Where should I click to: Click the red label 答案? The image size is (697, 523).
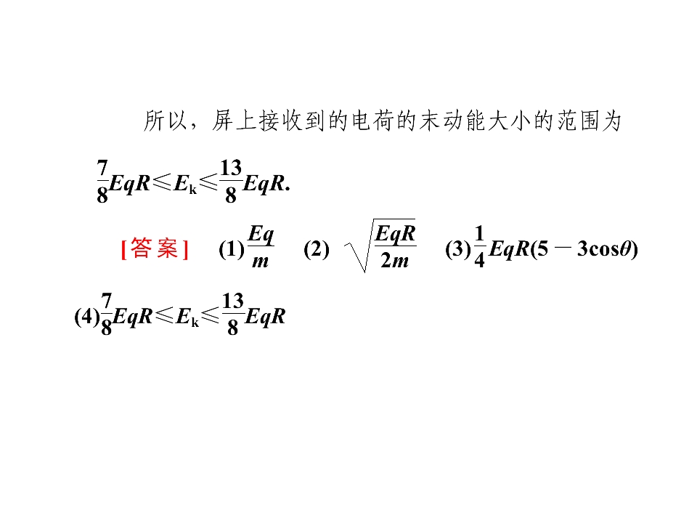[155, 248]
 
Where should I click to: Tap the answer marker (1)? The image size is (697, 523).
[231, 249]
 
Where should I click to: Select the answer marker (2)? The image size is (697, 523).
[317, 249]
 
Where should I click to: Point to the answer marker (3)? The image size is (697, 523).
[458, 249]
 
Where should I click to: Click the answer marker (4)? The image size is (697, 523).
[87, 316]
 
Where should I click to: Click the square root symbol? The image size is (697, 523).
[380, 246]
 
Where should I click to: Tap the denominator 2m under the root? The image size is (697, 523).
[394, 261]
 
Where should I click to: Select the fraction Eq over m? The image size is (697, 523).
[261, 247]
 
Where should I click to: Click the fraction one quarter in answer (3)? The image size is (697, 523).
[478, 247]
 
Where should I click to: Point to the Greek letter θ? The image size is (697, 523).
[625, 248]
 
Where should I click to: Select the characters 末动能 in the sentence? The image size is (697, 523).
[452, 121]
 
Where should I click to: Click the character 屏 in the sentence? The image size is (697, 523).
[223, 121]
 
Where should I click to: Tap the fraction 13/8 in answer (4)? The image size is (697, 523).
[233, 314]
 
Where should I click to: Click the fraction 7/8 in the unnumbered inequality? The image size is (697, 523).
[102, 182]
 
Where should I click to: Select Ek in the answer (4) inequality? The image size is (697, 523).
[187, 317]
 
